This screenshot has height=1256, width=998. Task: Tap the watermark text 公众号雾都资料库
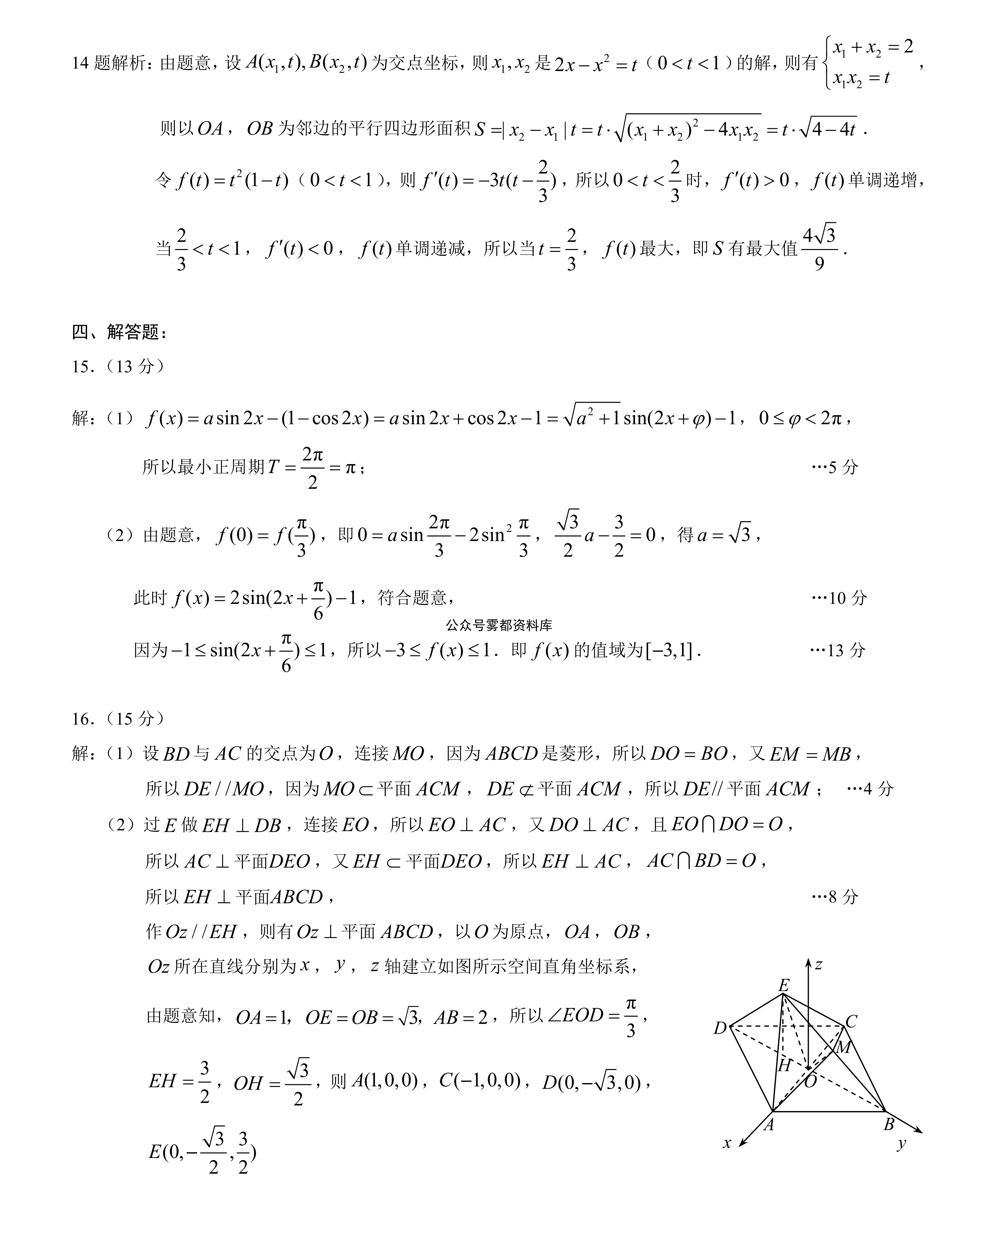click(499, 625)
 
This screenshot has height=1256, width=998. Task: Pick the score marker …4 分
click(869, 789)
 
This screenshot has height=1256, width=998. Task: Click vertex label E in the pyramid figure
click(784, 986)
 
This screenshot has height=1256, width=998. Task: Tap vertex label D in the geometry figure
click(720, 1028)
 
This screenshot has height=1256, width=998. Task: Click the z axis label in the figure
click(819, 965)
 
